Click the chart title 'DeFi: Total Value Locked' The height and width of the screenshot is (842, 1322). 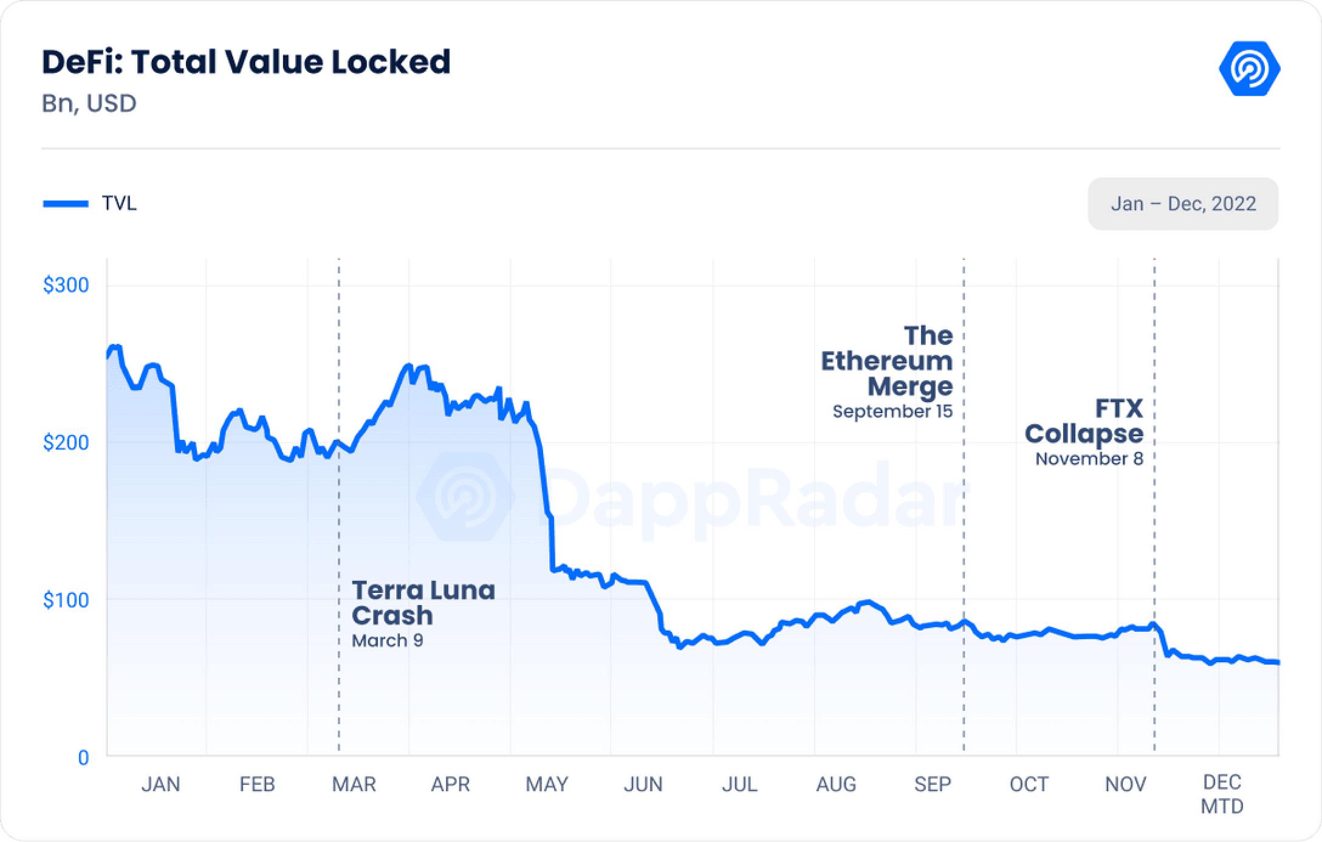(246, 62)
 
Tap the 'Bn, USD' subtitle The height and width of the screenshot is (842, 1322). (89, 103)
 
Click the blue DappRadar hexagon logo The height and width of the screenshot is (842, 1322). (1249, 69)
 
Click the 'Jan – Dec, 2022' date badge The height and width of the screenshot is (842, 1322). (1183, 204)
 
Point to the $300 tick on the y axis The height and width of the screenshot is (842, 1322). (66, 285)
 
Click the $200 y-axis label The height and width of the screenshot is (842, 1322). (66, 442)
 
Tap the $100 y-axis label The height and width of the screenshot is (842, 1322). (66, 600)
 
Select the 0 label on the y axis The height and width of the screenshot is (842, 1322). (83, 758)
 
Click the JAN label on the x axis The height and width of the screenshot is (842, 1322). (160, 784)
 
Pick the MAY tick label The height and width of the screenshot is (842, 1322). (547, 784)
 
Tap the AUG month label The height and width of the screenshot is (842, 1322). (836, 784)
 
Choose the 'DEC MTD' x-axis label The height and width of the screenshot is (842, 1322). (1222, 794)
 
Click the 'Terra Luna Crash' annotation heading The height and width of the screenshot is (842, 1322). (423, 603)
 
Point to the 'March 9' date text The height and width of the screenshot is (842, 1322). (387, 640)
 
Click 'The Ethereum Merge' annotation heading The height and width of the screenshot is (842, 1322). (887, 361)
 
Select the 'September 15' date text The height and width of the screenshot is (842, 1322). (892, 411)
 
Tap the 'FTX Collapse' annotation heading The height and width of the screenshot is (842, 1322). (1084, 421)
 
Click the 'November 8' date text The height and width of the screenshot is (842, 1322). (1089, 459)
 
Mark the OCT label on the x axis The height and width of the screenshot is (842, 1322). (1029, 784)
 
